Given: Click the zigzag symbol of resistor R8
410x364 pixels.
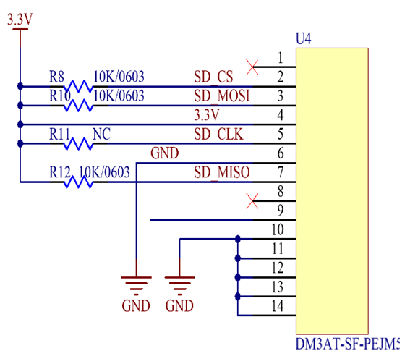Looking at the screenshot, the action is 78,86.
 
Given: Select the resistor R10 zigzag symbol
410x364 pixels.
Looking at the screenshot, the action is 78,106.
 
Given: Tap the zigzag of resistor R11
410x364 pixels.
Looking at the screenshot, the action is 78,144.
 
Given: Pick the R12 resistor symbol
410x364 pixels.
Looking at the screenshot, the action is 78,182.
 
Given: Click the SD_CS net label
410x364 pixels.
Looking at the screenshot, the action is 213,77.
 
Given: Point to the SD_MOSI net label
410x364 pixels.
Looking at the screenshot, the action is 222,96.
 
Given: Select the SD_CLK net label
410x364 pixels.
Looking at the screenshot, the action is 218,135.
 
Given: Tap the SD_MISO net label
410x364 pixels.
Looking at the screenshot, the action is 222,172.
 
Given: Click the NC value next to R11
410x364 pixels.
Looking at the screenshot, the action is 102,134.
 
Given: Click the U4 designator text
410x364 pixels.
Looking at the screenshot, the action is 303,39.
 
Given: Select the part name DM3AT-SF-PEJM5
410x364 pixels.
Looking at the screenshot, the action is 348,344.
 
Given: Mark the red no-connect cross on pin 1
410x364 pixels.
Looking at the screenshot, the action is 252,67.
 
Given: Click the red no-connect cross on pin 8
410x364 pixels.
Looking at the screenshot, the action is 252,201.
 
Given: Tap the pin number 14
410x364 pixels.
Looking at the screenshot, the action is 278,306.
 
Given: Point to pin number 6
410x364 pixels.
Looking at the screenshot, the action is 281,153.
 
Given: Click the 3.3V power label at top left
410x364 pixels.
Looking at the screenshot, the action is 20,20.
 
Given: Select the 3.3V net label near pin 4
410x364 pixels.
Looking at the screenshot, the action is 207,115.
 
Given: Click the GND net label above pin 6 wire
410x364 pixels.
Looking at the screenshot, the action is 164,153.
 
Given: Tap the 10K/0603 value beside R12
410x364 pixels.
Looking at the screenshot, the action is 104,172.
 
